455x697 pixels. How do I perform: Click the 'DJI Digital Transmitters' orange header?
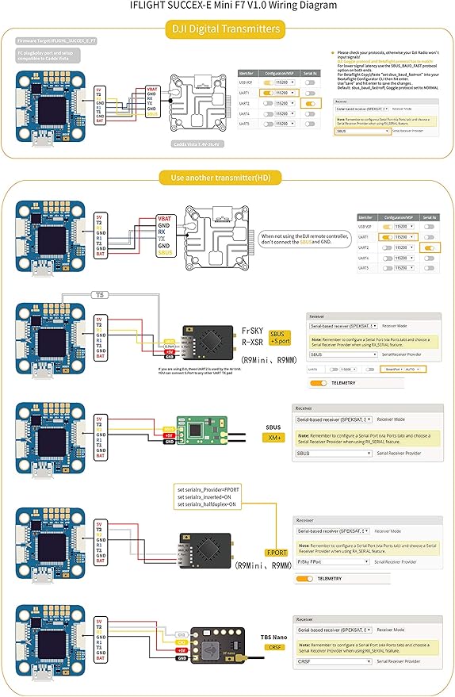[x=227, y=29]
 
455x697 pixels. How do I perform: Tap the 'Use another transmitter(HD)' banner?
[x=227, y=177]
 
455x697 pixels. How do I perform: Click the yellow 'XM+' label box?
[x=274, y=438]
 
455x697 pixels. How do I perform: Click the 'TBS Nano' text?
[x=273, y=636]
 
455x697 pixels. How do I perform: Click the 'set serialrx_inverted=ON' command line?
[x=205, y=497]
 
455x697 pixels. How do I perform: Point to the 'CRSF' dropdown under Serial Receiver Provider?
[x=333, y=661]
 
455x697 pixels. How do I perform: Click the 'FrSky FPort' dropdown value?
[x=333, y=561]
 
